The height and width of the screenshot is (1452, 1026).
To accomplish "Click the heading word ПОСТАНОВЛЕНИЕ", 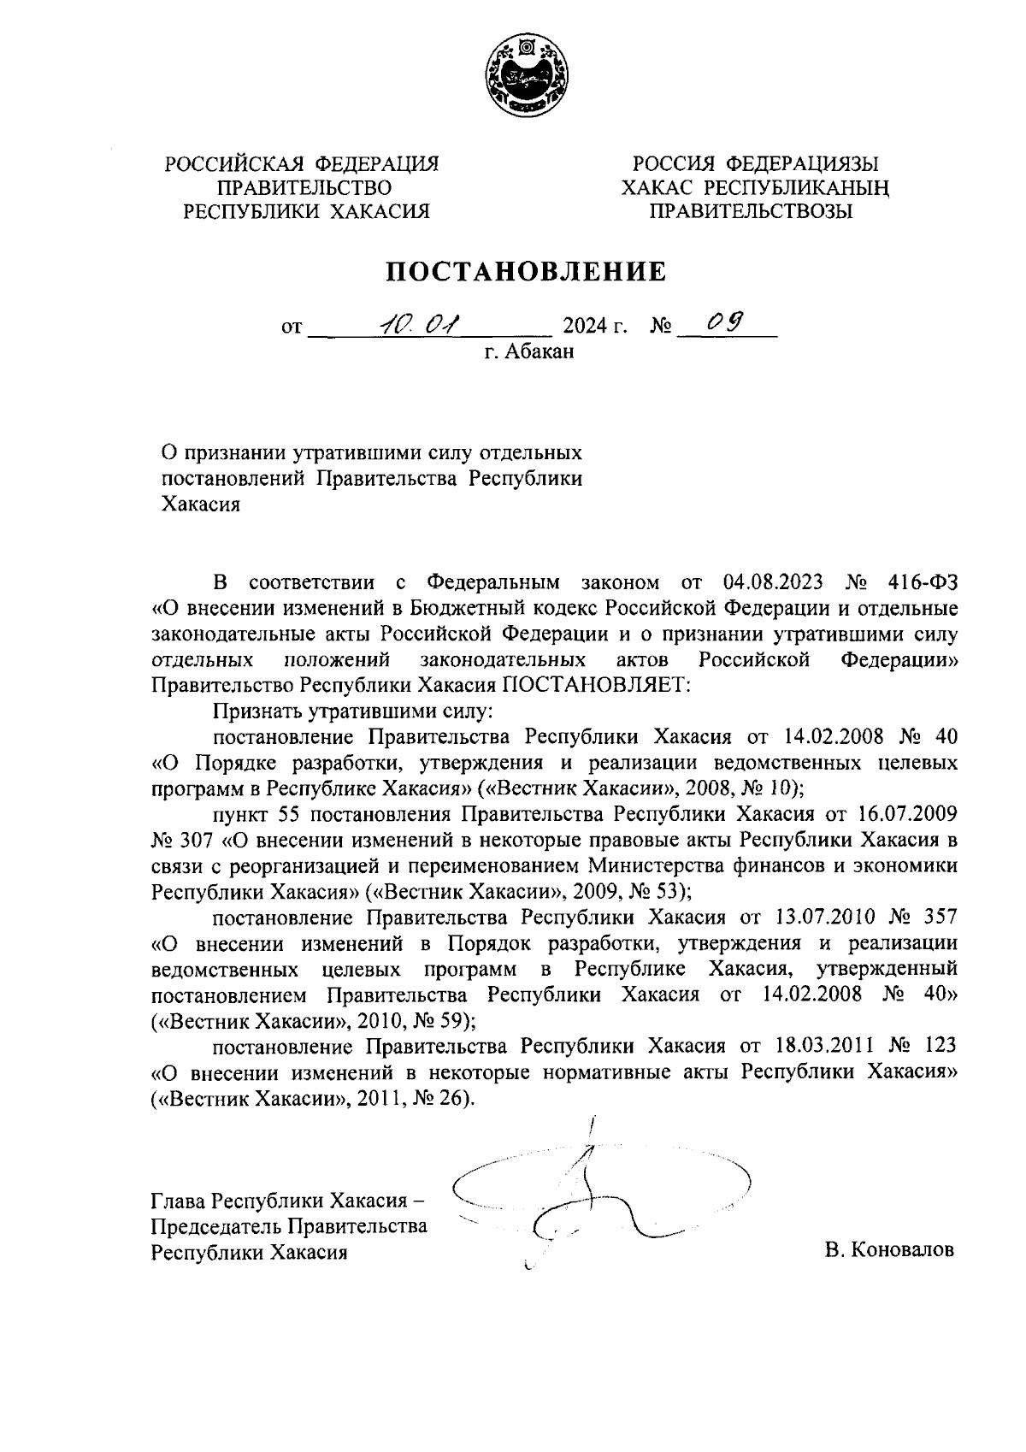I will [x=526, y=271].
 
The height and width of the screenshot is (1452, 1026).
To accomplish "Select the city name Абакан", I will [x=539, y=351].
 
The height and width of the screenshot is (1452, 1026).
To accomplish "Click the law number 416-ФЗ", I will [x=917, y=583].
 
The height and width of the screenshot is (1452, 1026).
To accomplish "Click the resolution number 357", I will [x=939, y=918].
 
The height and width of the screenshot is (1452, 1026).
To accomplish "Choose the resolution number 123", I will [x=939, y=1046].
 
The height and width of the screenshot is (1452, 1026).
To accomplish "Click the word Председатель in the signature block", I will [x=215, y=1226].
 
